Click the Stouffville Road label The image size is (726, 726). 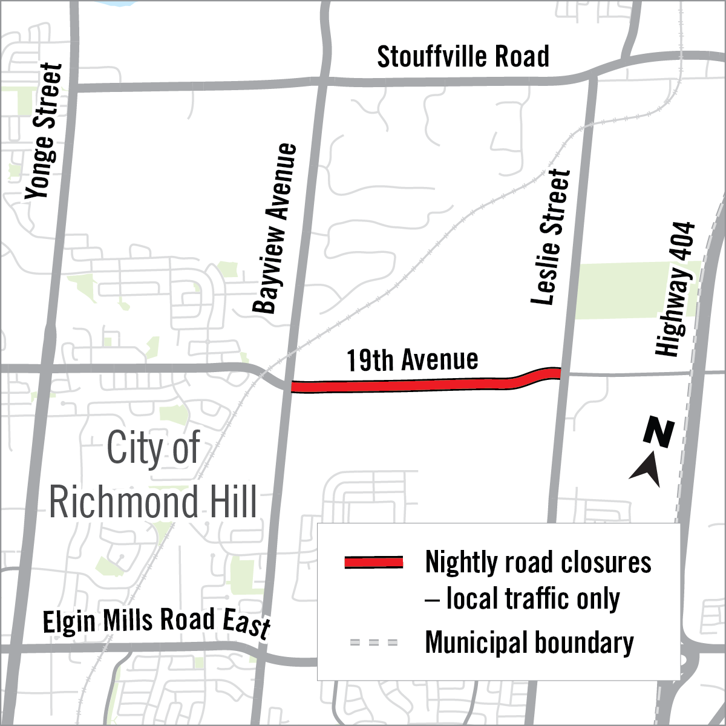[x=463, y=57]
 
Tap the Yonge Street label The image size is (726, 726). [x=44, y=131]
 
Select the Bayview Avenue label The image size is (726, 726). [x=275, y=228]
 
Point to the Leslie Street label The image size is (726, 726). [x=551, y=237]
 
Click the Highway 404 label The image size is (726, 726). [x=676, y=289]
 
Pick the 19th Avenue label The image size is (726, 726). [x=412, y=360]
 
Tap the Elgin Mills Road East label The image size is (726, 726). [x=156, y=622]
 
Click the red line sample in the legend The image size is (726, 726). [x=373, y=562]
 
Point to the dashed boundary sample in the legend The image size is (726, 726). [x=373, y=642]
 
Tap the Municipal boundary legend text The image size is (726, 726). [x=529, y=643]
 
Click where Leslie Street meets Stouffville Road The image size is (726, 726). [x=591, y=75]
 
